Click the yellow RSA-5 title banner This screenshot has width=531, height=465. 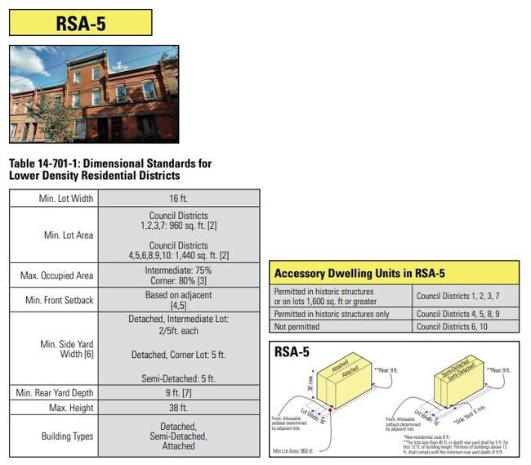81,22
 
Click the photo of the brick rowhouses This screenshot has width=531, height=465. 93,93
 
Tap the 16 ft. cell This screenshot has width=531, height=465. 177,198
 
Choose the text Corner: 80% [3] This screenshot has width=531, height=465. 177,282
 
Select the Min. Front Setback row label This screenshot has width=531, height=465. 60,300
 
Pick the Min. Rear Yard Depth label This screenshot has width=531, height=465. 56,393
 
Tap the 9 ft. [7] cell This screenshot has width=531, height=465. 177,393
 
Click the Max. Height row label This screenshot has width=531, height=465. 70,407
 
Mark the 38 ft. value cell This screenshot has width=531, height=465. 177,407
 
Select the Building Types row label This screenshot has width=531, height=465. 66,436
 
